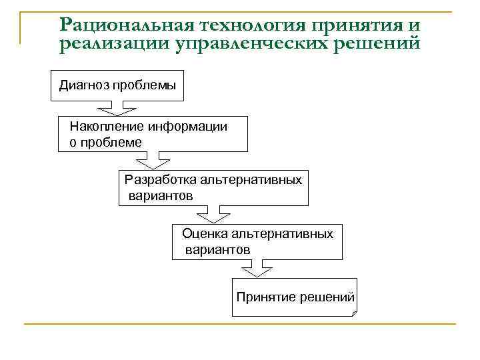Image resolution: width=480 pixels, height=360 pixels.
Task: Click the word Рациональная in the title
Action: click(x=125, y=25)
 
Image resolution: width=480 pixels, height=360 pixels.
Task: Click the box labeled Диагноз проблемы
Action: click(x=117, y=85)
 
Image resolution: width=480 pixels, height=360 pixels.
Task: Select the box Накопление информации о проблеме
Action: click(x=153, y=134)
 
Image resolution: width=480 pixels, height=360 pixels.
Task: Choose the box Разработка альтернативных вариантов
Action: click(x=214, y=188)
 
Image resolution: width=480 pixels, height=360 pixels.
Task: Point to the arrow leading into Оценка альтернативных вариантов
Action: click(x=211, y=215)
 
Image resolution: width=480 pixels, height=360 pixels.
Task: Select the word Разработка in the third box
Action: click(x=155, y=180)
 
